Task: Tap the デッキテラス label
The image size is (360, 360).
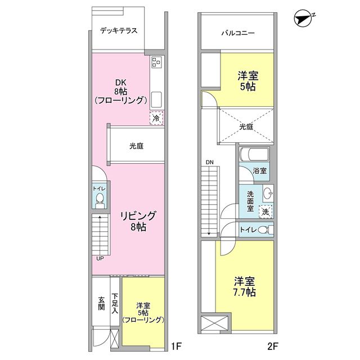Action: pyautogui.click(x=119, y=30)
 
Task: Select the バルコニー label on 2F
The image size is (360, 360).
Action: pyautogui.click(x=237, y=33)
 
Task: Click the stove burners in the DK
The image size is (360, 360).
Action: pyautogui.click(x=156, y=63)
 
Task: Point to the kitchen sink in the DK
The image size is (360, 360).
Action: pyautogui.click(x=156, y=99)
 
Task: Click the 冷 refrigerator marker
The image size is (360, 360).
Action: pyautogui.click(x=156, y=118)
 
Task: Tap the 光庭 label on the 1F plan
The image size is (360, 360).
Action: pyautogui.click(x=137, y=146)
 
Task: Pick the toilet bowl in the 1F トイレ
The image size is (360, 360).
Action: pyautogui.click(x=100, y=199)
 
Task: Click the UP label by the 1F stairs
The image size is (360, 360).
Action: pyautogui.click(x=100, y=259)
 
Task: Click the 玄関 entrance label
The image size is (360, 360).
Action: pyautogui.click(x=101, y=303)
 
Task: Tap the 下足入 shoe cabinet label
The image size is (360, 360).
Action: pyautogui.click(x=115, y=303)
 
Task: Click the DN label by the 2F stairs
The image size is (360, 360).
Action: pyautogui.click(x=209, y=163)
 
